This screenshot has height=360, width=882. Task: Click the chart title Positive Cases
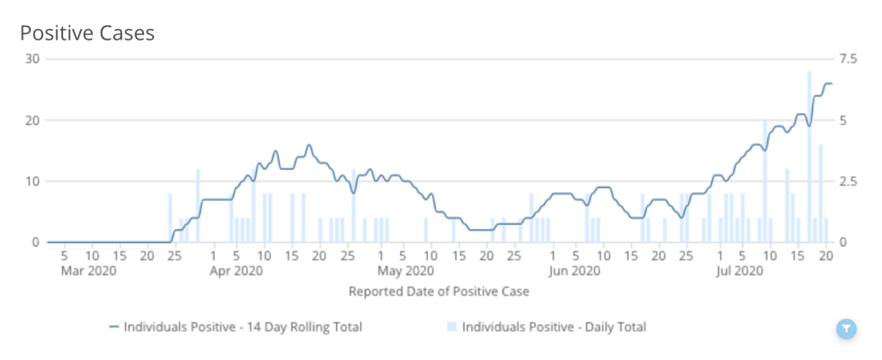pos(87,33)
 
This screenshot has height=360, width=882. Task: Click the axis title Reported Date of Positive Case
pos(438,291)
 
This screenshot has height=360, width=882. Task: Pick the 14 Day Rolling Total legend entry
pos(235,327)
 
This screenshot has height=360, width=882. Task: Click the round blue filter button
pos(847,328)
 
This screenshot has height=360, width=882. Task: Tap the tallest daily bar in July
pos(810,155)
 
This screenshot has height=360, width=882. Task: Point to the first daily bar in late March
pos(170,218)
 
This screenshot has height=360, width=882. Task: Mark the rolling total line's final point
pos(830,84)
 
